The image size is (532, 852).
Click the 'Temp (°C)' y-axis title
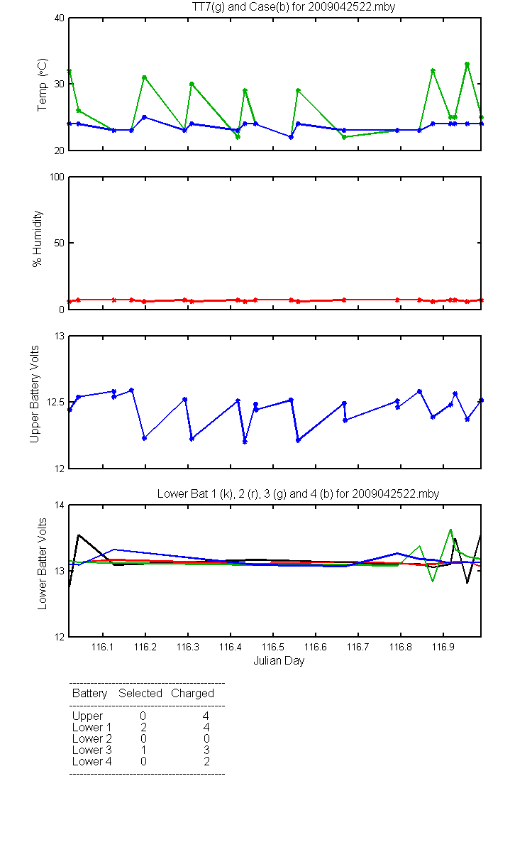click(x=42, y=84)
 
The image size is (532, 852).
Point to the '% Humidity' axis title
click(x=37, y=239)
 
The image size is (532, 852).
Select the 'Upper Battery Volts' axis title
click(x=35, y=394)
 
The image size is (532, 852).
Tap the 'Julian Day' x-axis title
click(x=279, y=661)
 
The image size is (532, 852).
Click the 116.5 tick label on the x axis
click(x=273, y=647)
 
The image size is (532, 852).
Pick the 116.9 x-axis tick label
click(x=443, y=647)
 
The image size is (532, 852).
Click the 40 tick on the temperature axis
click(x=60, y=18)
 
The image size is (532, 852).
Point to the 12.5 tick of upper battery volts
click(x=55, y=403)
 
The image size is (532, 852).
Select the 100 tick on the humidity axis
click(x=57, y=177)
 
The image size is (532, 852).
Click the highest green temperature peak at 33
click(x=467, y=65)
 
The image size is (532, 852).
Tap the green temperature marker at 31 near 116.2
click(x=145, y=77)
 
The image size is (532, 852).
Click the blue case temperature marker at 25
click(x=145, y=117)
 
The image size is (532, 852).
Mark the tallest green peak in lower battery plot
click(x=450, y=530)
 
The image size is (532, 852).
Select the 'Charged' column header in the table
click(x=192, y=694)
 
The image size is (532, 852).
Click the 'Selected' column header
click(x=140, y=694)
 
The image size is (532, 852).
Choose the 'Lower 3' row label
click(x=92, y=750)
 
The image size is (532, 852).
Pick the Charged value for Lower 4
click(x=206, y=761)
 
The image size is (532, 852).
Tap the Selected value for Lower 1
click(x=143, y=727)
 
